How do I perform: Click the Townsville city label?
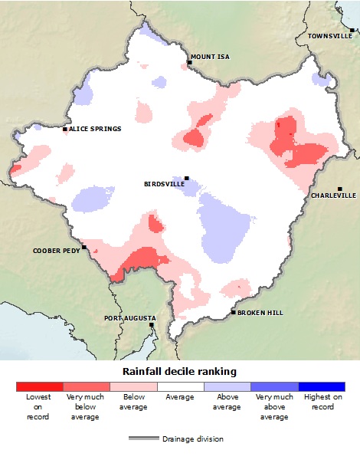[x=330, y=36]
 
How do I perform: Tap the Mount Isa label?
[x=210, y=57]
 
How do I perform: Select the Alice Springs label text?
[x=95, y=129]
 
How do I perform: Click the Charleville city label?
[x=333, y=195]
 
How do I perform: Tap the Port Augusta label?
[x=129, y=317]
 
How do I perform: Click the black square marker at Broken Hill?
[x=234, y=312]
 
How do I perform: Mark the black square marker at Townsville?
[x=352, y=30]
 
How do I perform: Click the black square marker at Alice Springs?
[x=65, y=129]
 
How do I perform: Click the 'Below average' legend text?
[x=133, y=402]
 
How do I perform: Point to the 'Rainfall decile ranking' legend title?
[x=180, y=371]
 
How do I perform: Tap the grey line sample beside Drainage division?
[x=142, y=439]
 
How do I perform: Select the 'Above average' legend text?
[x=227, y=402]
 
